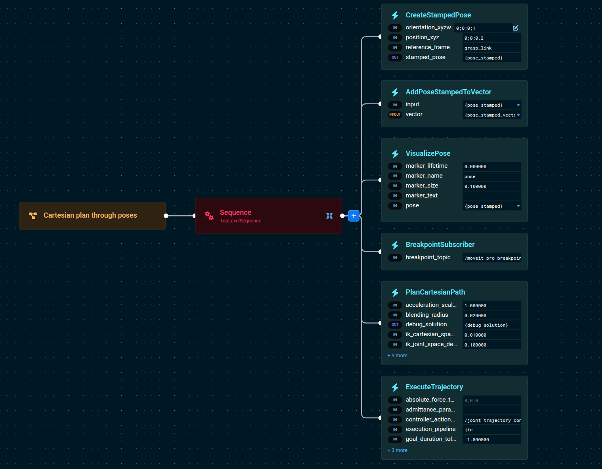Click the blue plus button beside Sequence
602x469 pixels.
point(354,216)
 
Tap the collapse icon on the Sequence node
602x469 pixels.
point(329,216)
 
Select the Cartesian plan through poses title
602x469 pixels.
point(90,215)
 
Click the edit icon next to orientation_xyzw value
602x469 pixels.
point(515,28)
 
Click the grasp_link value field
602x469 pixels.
point(491,48)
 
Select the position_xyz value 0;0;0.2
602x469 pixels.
point(491,38)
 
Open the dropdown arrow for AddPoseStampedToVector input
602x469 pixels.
point(518,105)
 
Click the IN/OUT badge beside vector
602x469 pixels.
point(395,115)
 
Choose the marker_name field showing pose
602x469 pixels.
point(491,176)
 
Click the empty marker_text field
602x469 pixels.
point(491,196)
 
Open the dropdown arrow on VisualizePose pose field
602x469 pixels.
point(518,206)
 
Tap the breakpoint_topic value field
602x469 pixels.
point(491,258)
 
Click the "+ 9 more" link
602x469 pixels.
point(398,356)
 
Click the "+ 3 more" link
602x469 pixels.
point(398,450)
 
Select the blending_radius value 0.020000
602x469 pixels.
point(491,316)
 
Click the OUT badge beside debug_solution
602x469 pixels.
point(395,325)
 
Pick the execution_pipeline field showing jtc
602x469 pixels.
point(491,430)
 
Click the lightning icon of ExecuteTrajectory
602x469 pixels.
point(395,387)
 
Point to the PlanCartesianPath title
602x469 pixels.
point(435,292)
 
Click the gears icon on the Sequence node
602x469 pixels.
point(209,216)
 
